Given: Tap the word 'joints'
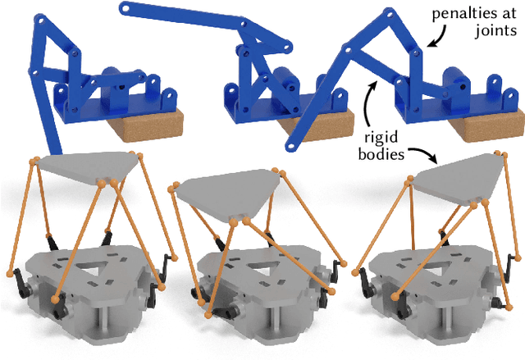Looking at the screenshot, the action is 496,31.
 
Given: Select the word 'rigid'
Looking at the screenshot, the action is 381,138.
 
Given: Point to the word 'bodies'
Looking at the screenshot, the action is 381,154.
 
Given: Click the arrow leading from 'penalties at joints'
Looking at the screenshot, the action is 441,35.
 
